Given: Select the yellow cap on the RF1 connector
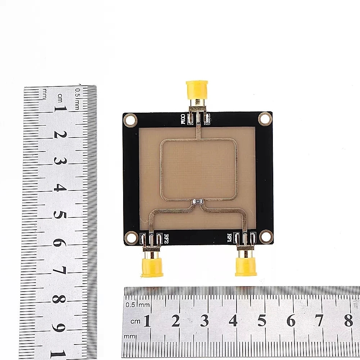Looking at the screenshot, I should point(246,266).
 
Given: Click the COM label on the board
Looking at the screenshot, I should point(183,119).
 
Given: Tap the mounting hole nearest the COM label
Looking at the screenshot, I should point(130,120).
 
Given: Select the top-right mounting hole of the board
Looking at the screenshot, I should point(265,118).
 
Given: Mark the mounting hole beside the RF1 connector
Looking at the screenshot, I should point(266,237).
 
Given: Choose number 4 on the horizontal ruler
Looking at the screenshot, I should point(233,320).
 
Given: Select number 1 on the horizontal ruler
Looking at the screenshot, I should point(147,320).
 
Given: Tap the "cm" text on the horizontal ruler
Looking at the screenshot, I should point(135,321).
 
